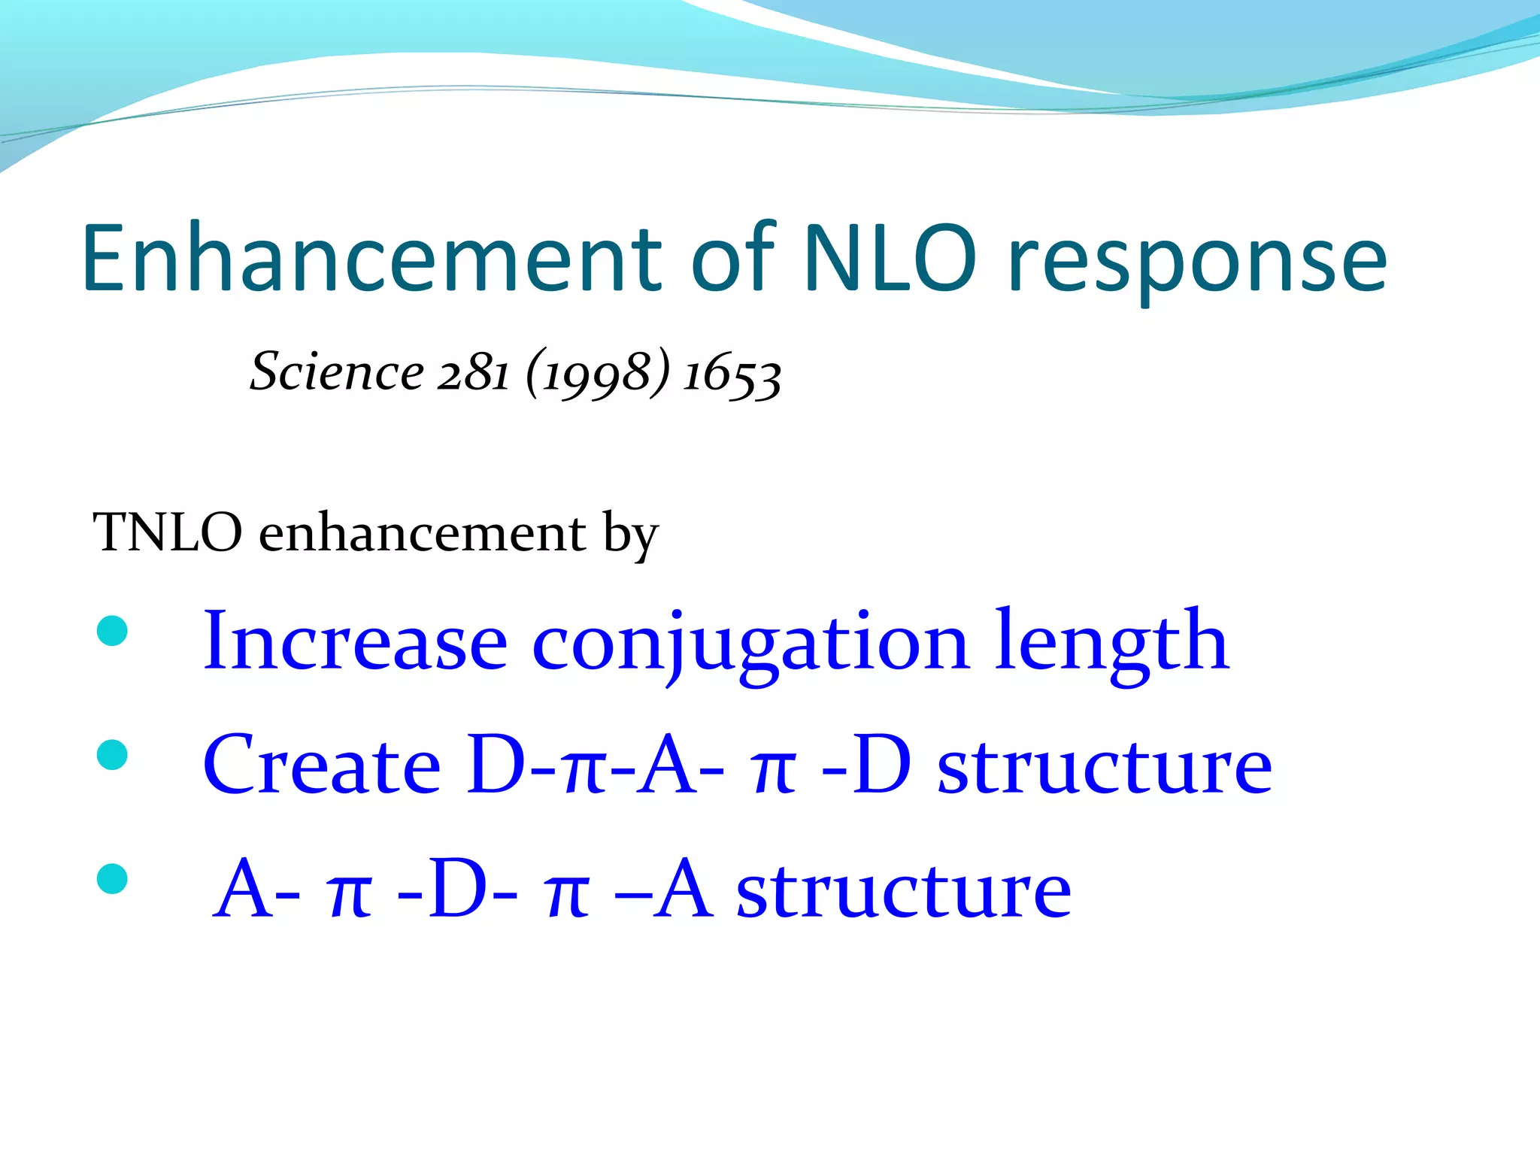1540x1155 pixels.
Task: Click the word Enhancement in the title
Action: click(x=371, y=259)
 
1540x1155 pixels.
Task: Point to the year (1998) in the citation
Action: click(x=597, y=373)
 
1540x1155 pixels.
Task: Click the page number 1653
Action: click(x=732, y=374)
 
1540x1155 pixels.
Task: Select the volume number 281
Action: click(x=474, y=372)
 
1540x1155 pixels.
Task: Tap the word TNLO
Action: click(x=167, y=532)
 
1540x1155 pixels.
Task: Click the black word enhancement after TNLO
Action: click(x=422, y=532)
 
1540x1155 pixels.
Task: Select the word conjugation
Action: click(x=750, y=645)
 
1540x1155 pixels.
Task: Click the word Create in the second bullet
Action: click(x=322, y=765)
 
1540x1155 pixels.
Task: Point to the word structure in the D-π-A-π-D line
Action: click(x=1105, y=767)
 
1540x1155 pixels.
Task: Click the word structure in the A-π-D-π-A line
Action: click(x=903, y=891)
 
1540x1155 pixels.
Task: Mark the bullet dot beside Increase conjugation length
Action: click(x=113, y=631)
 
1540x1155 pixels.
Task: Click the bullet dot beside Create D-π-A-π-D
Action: click(x=113, y=755)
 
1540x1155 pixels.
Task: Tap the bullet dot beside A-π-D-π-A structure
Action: click(x=113, y=878)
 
